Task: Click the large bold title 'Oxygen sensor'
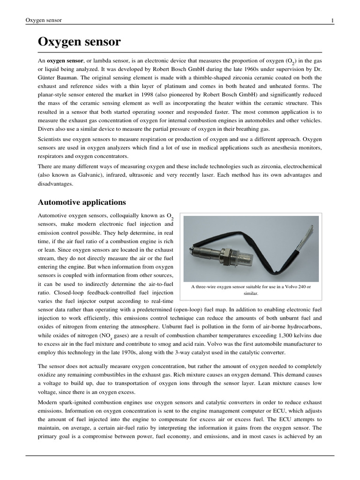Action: [x=79, y=42]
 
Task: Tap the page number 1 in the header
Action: [x=332, y=20]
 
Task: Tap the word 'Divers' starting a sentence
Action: [x=46, y=129]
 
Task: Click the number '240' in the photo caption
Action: [x=292, y=286]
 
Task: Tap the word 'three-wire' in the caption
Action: [x=210, y=286]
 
